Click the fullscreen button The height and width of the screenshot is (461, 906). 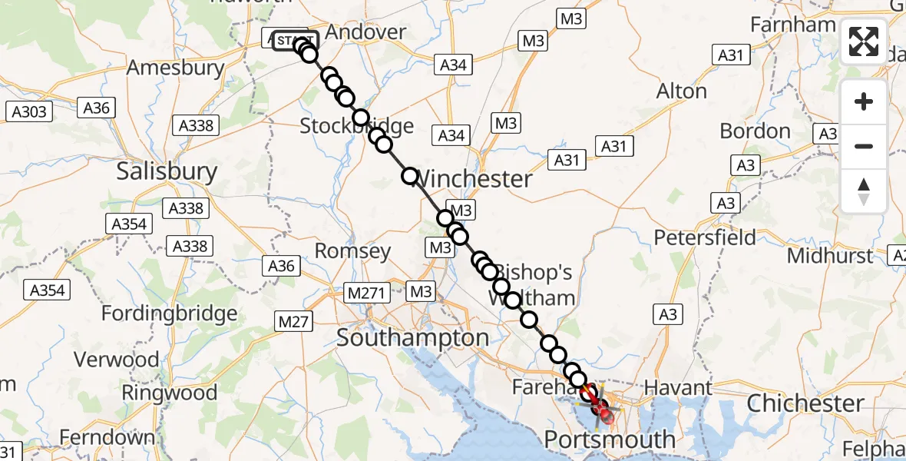click(x=864, y=41)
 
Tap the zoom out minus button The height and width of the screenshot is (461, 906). click(x=864, y=146)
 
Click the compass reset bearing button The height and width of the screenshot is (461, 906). click(x=864, y=191)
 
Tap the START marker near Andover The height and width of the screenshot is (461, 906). click(x=293, y=41)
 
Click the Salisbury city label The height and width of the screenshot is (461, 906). click(x=167, y=171)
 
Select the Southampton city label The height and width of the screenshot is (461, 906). click(x=413, y=337)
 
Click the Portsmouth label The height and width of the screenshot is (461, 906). click(x=610, y=440)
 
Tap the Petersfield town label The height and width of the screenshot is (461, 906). click(x=705, y=237)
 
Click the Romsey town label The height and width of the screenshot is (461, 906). click(x=353, y=251)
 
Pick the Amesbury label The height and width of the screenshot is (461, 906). click(x=175, y=68)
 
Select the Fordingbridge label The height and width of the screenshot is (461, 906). click(x=170, y=313)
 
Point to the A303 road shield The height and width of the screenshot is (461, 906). click(x=30, y=112)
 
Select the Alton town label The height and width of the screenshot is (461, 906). click(x=681, y=91)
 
